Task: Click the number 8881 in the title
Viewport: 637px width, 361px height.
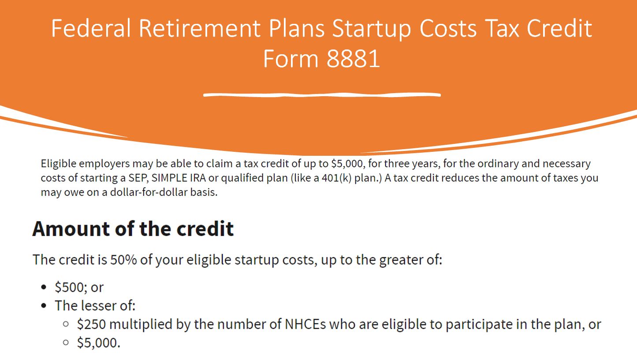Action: click(353, 59)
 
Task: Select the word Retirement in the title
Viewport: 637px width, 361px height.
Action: click(200, 28)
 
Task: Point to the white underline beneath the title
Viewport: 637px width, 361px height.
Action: click(322, 95)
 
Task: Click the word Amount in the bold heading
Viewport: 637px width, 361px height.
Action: click(71, 229)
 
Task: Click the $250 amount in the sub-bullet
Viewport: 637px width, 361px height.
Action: click(91, 324)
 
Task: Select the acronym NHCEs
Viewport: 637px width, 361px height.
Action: click(305, 324)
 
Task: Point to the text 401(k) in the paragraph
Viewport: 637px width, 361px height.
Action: click(336, 178)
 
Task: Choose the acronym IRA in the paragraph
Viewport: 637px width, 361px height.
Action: click(198, 178)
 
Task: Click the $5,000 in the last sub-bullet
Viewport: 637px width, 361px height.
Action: click(99, 343)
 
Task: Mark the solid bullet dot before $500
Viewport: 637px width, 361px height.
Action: click(44, 287)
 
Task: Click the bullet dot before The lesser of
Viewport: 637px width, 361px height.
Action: click(44, 306)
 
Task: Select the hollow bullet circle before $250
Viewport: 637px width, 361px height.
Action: click(66, 324)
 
